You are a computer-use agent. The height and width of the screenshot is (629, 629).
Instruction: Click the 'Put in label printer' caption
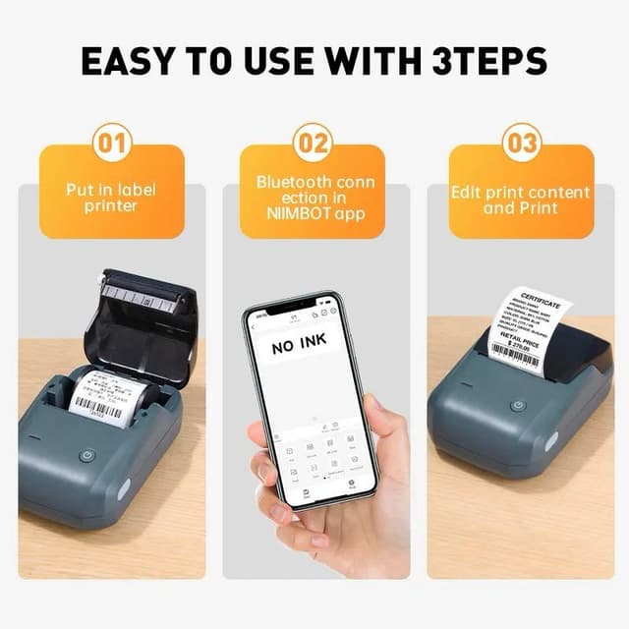[x=111, y=197]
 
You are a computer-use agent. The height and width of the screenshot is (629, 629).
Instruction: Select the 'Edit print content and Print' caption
[x=521, y=200]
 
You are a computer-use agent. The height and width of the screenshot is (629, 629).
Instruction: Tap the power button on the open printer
[x=86, y=456]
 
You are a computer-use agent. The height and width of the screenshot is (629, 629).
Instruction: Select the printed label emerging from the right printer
[x=530, y=329]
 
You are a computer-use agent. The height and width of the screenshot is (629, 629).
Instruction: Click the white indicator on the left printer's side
[x=124, y=488]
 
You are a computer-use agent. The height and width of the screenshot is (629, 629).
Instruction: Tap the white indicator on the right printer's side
[x=551, y=441]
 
